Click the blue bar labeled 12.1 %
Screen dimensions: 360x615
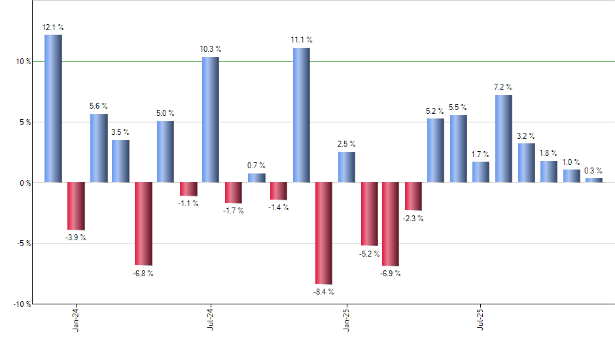53,108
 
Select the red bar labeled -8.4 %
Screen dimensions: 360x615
324,233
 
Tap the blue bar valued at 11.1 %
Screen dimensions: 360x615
301,115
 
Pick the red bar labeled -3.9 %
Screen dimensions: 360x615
76,206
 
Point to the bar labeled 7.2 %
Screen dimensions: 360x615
503,138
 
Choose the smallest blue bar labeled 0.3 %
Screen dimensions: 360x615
593,180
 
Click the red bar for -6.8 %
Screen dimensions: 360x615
143,223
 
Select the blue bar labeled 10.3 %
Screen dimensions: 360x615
211,119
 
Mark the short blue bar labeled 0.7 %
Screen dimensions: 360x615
256,177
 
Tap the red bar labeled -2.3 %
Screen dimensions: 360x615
413,196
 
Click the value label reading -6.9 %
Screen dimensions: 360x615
390,274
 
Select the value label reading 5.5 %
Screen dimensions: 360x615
458,107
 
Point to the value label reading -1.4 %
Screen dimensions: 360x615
278,207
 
